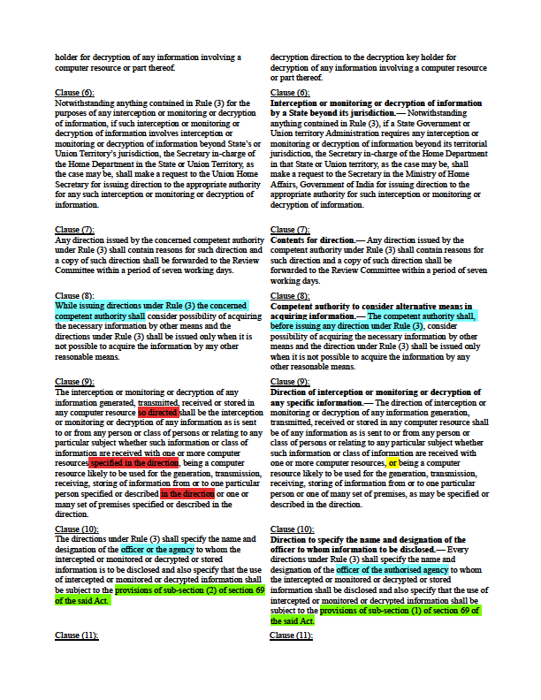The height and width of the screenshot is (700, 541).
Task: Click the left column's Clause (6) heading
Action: click(x=74, y=93)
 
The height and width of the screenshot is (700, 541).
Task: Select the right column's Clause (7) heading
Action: click(x=289, y=230)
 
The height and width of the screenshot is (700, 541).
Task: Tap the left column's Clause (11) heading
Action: click(x=77, y=635)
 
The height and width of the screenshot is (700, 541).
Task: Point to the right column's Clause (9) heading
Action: click(x=289, y=382)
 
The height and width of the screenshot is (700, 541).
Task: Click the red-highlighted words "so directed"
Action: click(x=158, y=412)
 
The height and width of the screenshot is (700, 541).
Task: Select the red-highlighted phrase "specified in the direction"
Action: click(x=133, y=462)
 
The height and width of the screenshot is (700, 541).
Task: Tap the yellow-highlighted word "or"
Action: click(x=392, y=462)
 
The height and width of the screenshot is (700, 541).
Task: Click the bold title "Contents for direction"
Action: click(x=310, y=240)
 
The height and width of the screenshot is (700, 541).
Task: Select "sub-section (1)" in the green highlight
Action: click(x=417, y=610)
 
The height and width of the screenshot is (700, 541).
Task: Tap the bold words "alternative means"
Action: click(x=445, y=305)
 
